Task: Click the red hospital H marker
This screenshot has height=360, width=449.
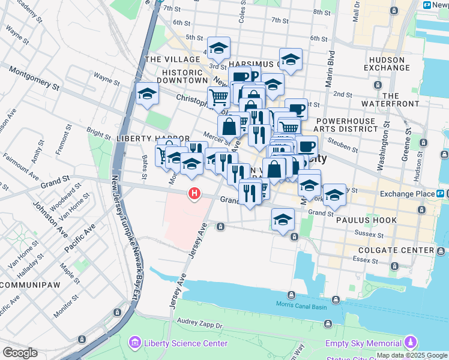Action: (194, 193)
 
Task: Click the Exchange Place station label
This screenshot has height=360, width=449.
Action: (406, 194)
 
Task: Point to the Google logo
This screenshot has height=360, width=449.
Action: (19, 353)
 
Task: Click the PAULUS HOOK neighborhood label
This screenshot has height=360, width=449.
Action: (366, 220)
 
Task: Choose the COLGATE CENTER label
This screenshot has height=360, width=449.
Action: (396, 250)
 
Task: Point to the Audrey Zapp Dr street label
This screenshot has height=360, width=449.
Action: (194, 325)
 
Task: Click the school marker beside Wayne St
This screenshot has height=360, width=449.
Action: (146, 94)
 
